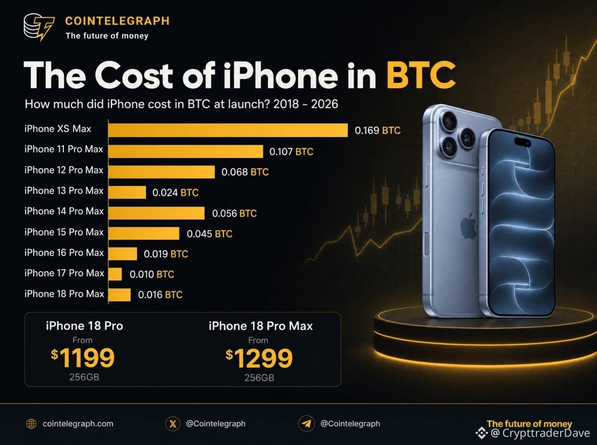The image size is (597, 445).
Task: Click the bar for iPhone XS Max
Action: pyautogui.click(x=228, y=130)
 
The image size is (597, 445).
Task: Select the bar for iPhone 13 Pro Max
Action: pyautogui.click(x=127, y=192)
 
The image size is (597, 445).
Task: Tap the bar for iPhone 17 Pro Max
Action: pyautogui.click(x=115, y=274)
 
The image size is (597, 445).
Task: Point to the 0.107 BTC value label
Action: pyautogui.click(x=292, y=151)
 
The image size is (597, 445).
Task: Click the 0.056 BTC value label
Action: pyautogui.click(x=235, y=213)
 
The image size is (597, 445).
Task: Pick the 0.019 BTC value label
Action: pyautogui.click(x=166, y=254)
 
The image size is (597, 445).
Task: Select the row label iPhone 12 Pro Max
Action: pyautogui.click(x=64, y=170)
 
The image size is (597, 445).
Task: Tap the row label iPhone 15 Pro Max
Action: pyautogui.click(x=64, y=232)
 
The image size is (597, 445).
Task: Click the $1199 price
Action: pyautogui.click(x=83, y=358)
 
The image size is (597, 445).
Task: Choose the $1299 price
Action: pyautogui.click(x=259, y=358)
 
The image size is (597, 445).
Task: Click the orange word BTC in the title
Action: pyautogui.click(x=421, y=75)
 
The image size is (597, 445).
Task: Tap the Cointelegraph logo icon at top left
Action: pyautogui.click(x=39, y=27)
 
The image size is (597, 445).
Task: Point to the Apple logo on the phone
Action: pyautogui.click(x=469, y=226)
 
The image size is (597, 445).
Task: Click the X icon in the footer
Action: pyautogui.click(x=173, y=424)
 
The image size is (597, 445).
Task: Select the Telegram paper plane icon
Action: pyautogui.click(x=306, y=424)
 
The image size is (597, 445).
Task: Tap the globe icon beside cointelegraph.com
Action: pyautogui.click(x=31, y=424)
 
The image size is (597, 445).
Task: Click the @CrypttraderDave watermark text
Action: pyautogui.click(x=541, y=433)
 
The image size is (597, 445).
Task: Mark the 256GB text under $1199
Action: pyautogui.click(x=84, y=377)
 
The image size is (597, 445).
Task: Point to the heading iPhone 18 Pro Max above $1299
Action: pyautogui.click(x=261, y=326)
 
